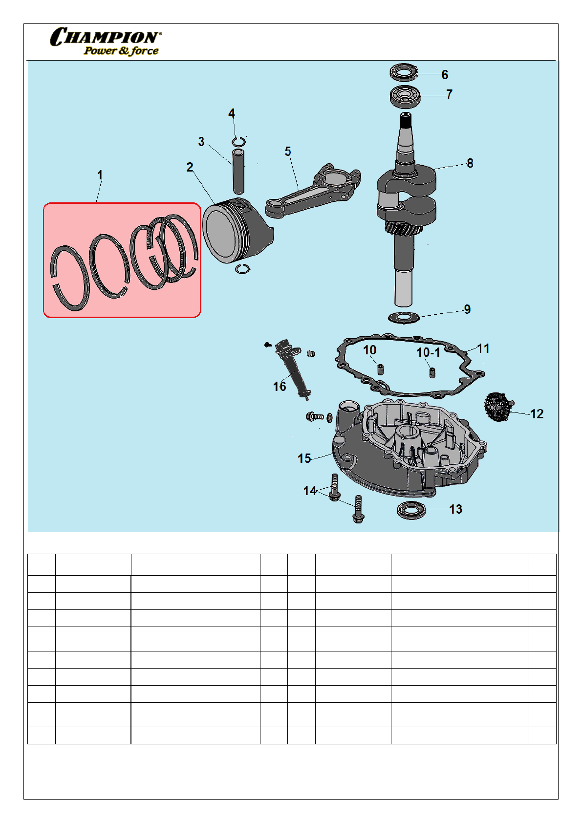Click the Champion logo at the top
tap(106, 41)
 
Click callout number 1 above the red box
tap(100, 175)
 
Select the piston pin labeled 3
tap(238, 171)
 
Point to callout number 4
tap(232, 113)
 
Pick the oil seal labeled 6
tap(404, 72)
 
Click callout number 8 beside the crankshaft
tap(470, 163)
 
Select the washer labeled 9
tap(404, 317)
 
